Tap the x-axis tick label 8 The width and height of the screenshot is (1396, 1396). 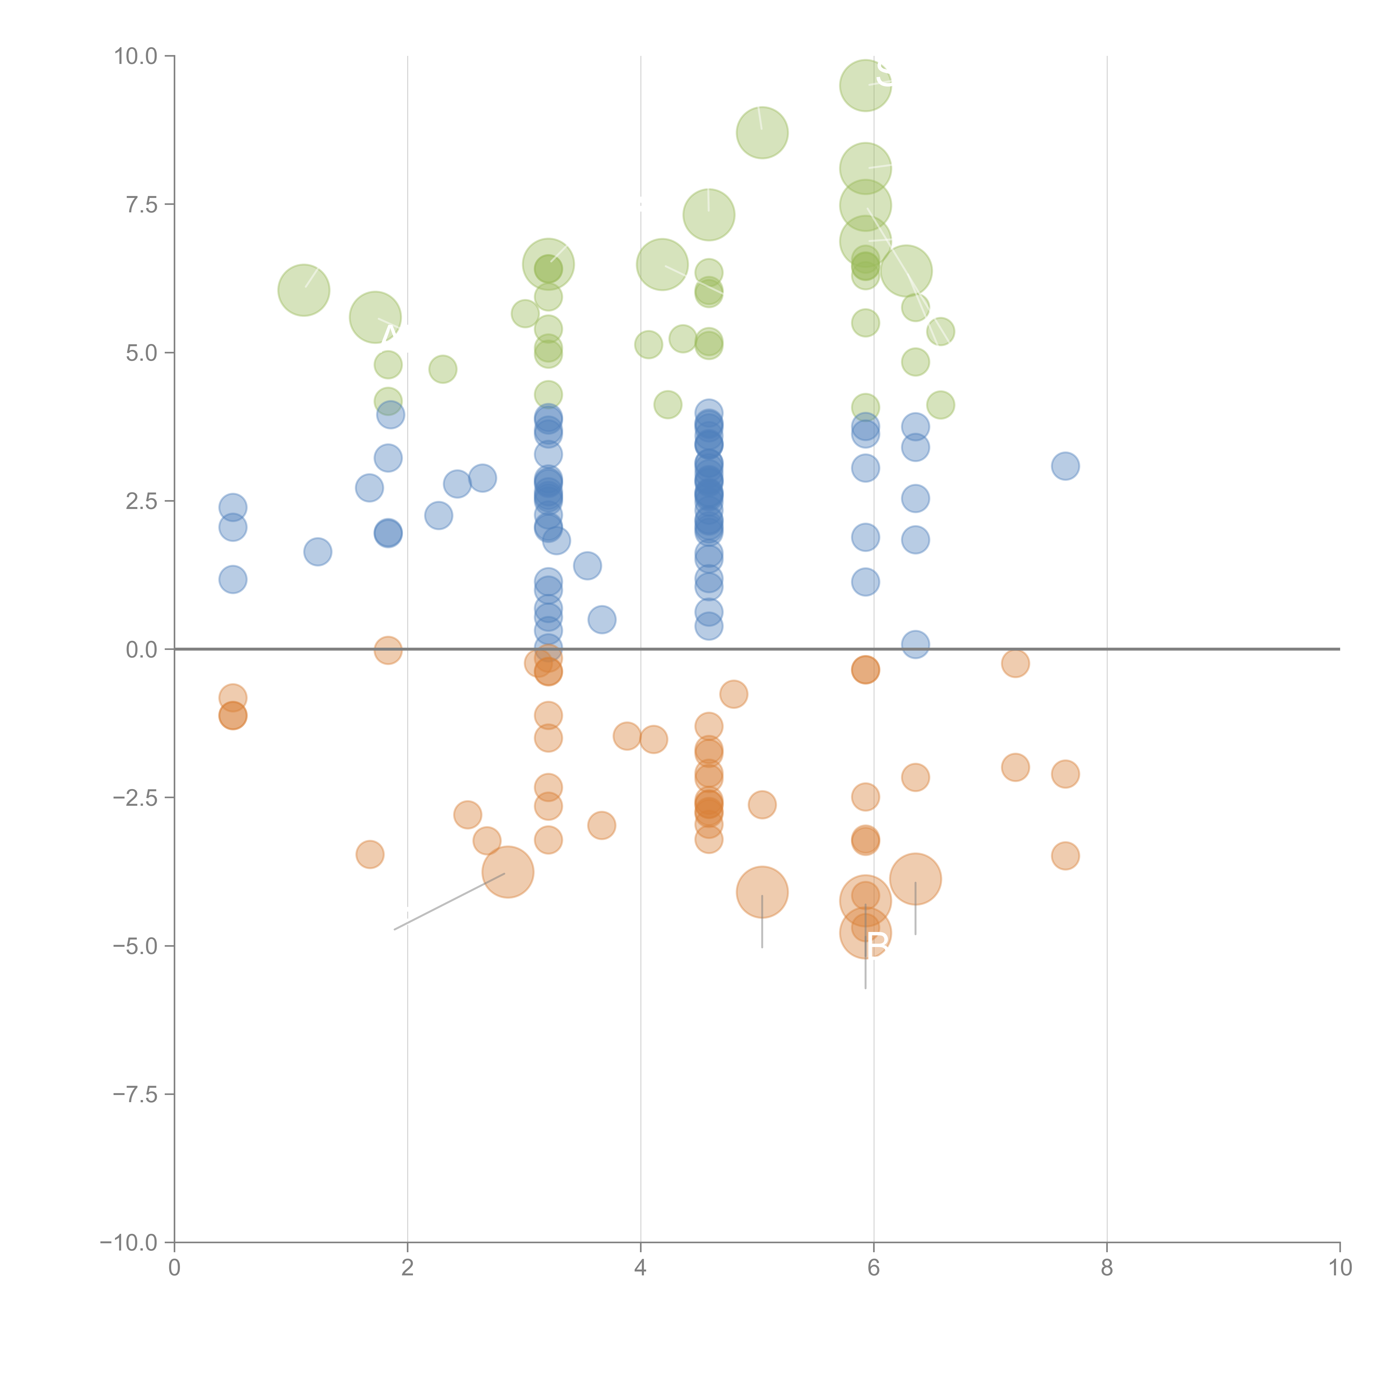point(1107,1267)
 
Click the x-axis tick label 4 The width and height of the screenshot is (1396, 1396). point(640,1267)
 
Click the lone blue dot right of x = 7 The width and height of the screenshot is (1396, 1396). point(1065,466)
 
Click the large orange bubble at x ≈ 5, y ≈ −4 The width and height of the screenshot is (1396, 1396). point(762,892)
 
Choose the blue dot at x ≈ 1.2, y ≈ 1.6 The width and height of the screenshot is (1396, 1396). point(317,552)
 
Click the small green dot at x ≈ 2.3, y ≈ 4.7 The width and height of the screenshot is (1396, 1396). point(442,369)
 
